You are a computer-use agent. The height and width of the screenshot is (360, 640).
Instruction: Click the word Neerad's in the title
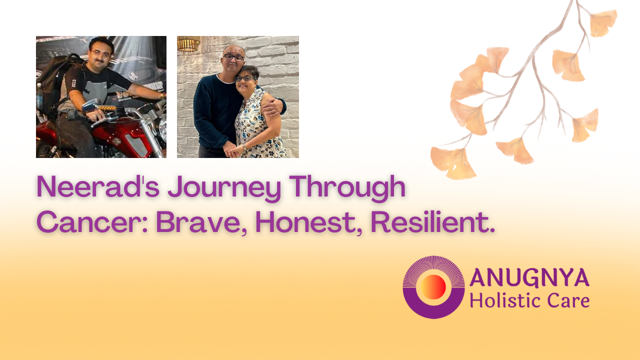tap(98, 187)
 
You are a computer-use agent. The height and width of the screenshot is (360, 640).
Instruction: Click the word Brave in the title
tap(201, 223)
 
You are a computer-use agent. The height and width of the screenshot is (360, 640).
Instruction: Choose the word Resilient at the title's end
tap(432, 222)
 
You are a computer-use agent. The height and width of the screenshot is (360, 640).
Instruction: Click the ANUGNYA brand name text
tap(529, 277)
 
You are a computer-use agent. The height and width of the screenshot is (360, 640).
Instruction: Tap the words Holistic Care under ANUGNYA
tap(529, 300)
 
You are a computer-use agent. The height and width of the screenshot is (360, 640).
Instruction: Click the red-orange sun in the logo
tap(433, 287)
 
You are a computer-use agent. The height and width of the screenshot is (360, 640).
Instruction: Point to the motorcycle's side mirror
tap(91, 105)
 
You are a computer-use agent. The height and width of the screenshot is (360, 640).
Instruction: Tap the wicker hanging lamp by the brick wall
tap(188, 43)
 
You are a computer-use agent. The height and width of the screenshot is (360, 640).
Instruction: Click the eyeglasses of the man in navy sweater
tap(233, 57)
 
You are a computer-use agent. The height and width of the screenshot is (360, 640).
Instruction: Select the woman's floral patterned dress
tap(258, 125)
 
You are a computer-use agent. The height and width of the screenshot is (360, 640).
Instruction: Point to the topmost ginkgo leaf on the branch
tap(603, 23)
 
